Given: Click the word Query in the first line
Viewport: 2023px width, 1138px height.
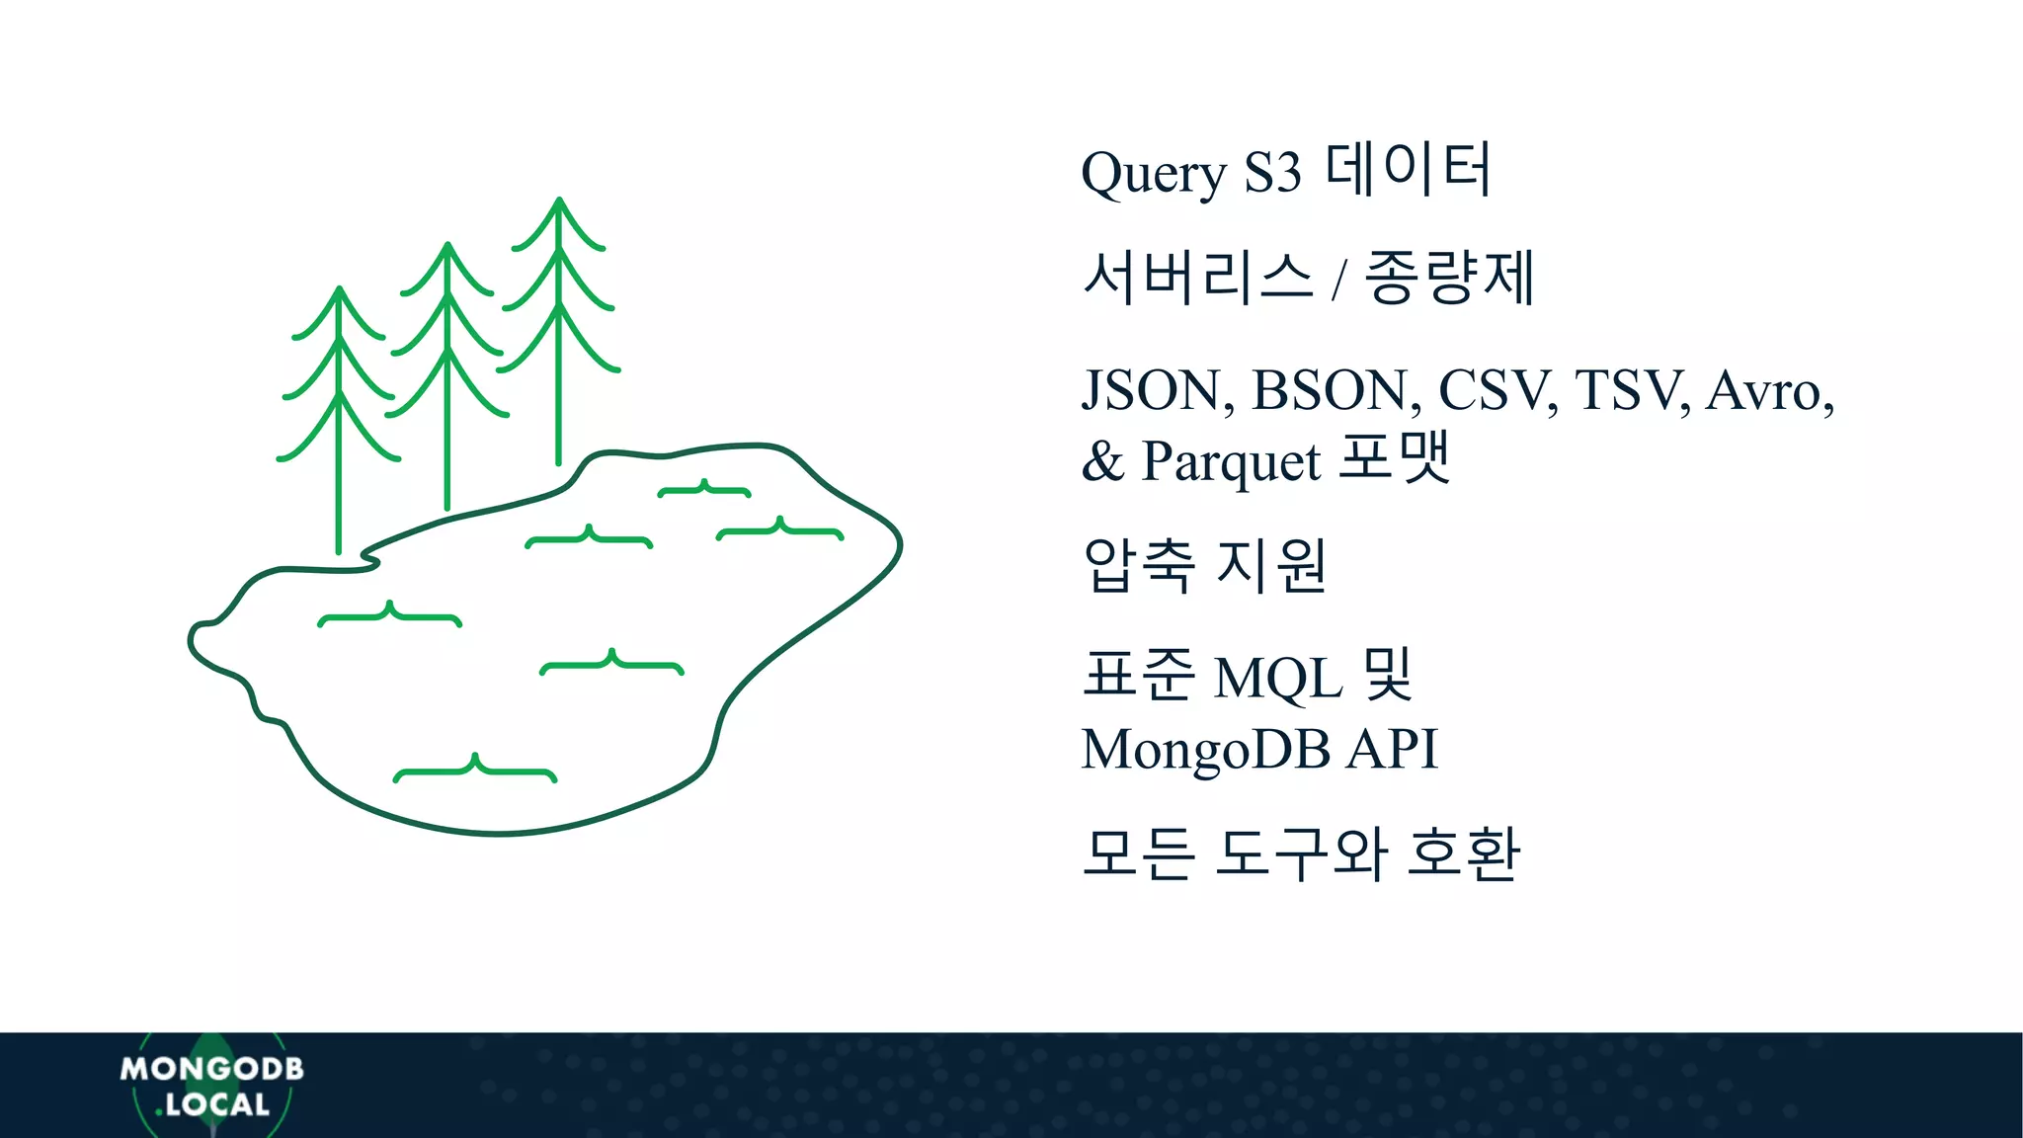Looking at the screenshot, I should [x=1153, y=174].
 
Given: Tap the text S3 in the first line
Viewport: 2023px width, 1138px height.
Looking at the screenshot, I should [x=1272, y=173].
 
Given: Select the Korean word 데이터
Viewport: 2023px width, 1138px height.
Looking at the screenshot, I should [x=1408, y=169].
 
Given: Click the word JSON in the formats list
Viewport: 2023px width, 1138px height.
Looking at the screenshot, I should [x=1157, y=390].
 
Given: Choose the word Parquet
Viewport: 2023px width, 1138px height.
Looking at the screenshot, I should [x=1231, y=461].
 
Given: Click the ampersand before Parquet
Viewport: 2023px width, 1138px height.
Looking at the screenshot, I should [x=1102, y=461].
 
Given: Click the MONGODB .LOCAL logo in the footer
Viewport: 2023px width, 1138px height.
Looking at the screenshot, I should [x=211, y=1086].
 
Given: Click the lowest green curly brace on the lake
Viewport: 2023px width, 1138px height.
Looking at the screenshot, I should [x=475, y=770].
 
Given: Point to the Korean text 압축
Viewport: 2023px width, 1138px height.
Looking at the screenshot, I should [x=1139, y=565].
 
